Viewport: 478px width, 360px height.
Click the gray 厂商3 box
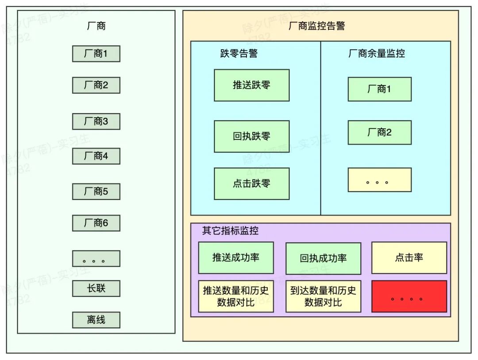(x=96, y=121)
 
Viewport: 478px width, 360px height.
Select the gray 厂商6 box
(x=96, y=223)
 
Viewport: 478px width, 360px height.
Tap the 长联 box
(x=96, y=288)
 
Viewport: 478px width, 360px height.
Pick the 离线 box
(x=96, y=320)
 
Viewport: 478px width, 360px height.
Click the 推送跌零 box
(x=251, y=85)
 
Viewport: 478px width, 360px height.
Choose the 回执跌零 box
(x=251, y=136)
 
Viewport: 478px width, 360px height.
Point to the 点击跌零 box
(x=251, y=183)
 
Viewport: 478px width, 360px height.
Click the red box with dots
(x=409, y=296)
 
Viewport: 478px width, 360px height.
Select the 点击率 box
(x=409, y=258)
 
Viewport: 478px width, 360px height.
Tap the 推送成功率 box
(x=236, y=258)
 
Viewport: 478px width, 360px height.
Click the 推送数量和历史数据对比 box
(x=236, y=296)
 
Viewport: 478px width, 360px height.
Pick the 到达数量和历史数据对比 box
(x=323, y=296)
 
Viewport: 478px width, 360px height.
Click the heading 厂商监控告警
(x=316, y=26)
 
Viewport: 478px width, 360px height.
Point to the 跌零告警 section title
(x=239, y=54)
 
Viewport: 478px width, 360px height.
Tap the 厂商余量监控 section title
(x=376, y=54)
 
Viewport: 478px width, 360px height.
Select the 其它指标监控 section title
(x=230, y=231)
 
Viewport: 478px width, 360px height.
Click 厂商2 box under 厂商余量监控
(x=379, y=132)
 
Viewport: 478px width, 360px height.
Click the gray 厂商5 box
(x=96, y=192)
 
